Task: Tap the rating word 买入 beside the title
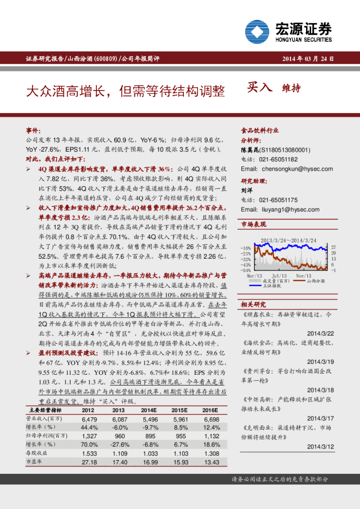(x=260, y=89)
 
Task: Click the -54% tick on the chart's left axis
(x=246, y=270)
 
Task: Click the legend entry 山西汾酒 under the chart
(x=315, y=280)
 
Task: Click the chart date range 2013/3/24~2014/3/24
(x=288, y=241)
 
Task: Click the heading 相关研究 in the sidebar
(x=254, y=304)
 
